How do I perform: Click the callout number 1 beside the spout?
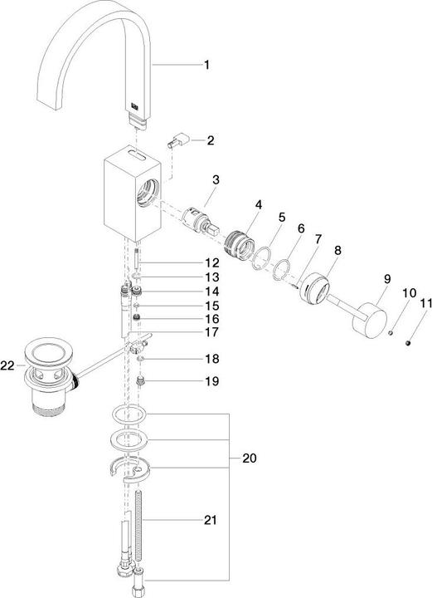206,65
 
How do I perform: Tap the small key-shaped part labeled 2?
177,140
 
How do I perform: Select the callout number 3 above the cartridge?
216,180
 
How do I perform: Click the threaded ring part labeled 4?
239,243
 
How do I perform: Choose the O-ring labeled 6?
282,270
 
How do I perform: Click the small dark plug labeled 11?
408,343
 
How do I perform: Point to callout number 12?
212,262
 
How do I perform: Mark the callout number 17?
212,331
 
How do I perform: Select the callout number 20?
250,458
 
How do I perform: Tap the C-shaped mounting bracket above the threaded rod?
130,471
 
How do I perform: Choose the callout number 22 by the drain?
7,366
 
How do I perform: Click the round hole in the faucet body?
148,193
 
